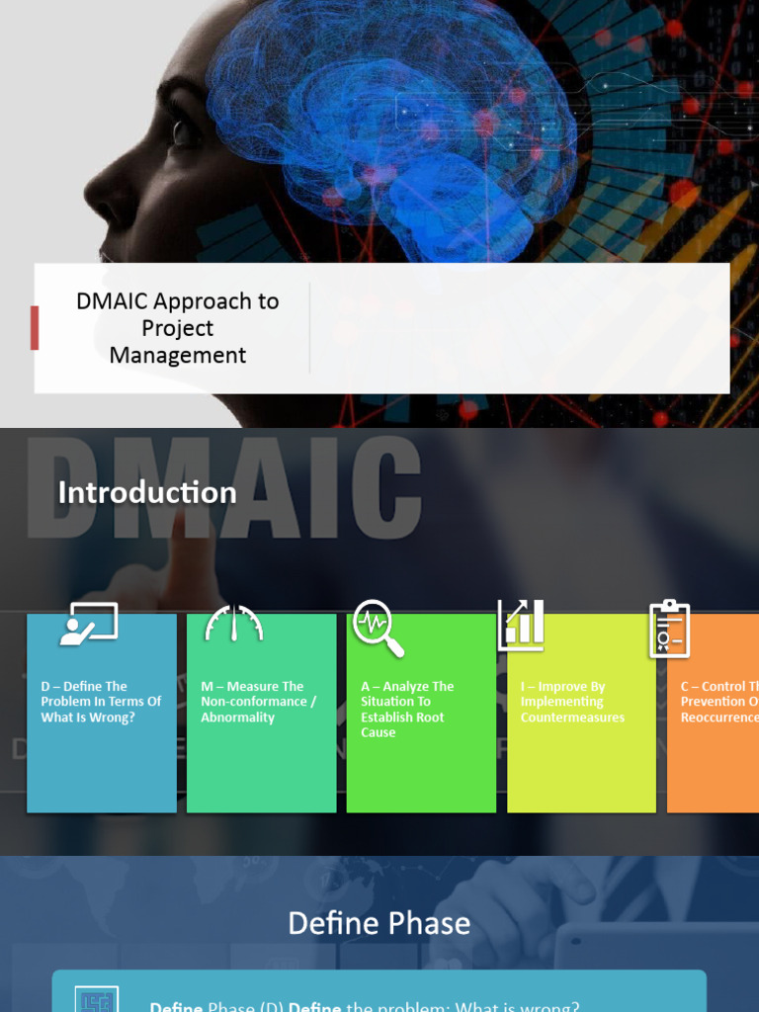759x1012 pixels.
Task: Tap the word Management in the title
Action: [178, 355]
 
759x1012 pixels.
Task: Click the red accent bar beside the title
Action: [35, 327]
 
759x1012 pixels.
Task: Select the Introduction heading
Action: [147, 492]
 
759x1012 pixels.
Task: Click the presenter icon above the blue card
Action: [88, 624]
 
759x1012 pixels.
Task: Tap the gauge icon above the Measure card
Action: [234, 624]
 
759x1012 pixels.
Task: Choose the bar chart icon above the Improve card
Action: [521, 625]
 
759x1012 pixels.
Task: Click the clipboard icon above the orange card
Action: [669, 629]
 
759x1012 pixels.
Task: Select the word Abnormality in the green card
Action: [237, 717]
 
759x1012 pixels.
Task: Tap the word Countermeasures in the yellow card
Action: [572, 717]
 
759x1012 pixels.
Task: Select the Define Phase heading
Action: [379, 923]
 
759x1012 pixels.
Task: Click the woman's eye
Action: [181, 129]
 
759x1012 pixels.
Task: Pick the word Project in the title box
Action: [178, 328]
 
